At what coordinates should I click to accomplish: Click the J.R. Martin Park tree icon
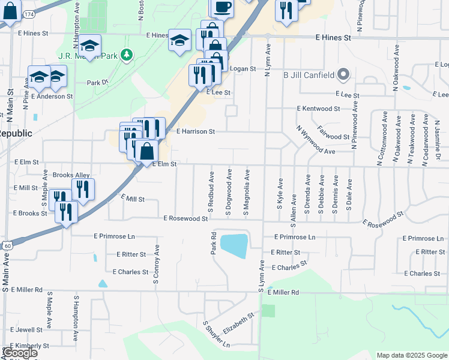pos(126,56)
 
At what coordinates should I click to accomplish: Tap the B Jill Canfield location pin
pos(343,74)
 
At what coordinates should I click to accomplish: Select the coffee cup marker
pos(222,7)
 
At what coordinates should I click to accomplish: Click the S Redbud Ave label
pos(211,191)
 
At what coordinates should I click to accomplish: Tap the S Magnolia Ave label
pos(247,191)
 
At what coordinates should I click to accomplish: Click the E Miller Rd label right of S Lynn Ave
pos(283,292)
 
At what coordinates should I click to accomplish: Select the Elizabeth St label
pos(239,324)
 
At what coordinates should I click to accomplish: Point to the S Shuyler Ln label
pos(217,335)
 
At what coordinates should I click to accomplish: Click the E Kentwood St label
pos(318,109)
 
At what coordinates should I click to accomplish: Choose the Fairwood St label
pos(333,133)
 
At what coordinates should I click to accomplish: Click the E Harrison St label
pos(195,130)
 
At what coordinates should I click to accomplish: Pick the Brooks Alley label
pos(71,175)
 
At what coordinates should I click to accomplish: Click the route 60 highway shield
pos(7,245)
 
